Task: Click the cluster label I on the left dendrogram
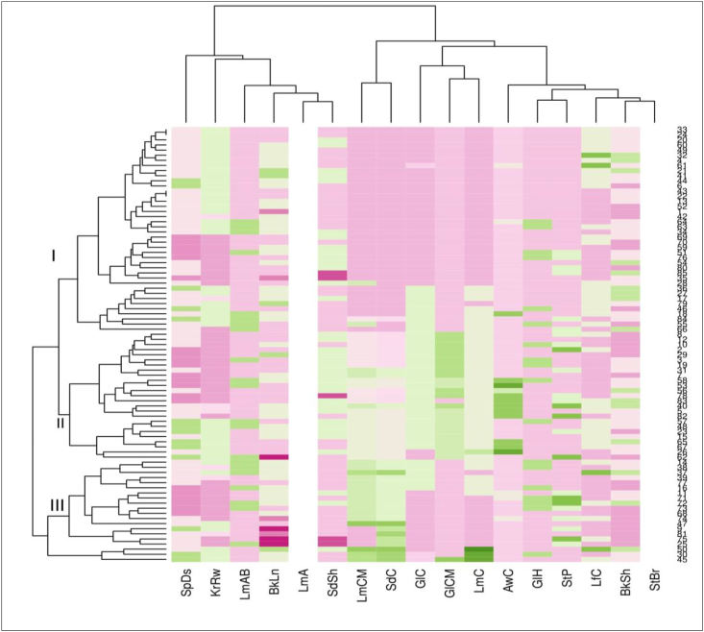coord(54,255)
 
